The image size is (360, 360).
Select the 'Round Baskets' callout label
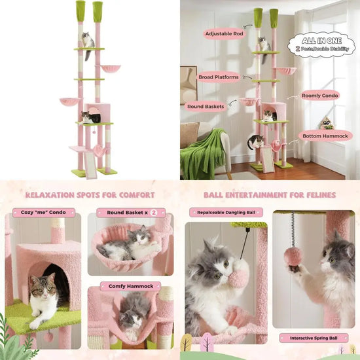click(206, 105)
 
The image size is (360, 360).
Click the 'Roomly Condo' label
click(320, 96)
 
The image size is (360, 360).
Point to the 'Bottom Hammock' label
click(326, 135)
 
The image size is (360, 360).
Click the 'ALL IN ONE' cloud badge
click(322, 44)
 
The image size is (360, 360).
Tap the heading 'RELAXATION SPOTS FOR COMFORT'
click(90, 195)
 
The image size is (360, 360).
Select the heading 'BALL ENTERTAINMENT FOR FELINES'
click(270, 195)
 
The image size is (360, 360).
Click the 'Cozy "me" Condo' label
click(44, 213)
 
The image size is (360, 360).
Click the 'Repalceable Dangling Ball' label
click(226, 213)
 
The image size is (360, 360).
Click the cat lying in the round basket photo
click(131, 245)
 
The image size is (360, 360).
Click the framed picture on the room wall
click(189, 84)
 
